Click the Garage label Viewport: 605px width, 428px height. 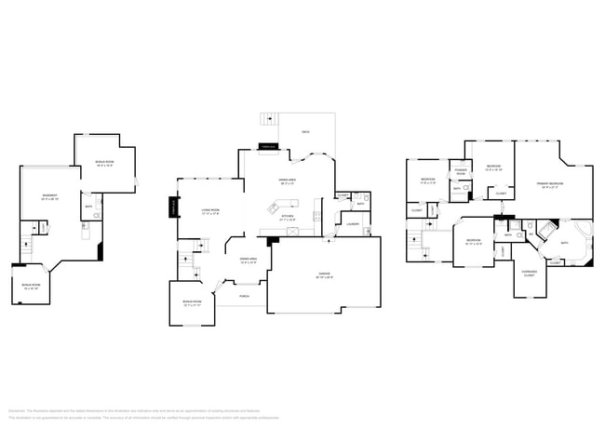coord(325,276)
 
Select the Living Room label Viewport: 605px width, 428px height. coord(210,212)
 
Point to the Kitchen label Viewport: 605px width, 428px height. coord(288,218)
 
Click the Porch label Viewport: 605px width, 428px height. coord(245,296)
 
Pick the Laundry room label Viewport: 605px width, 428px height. coord(353,223)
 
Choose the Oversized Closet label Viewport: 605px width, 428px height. coord(529,274)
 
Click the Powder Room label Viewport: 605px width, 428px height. coord(460,172)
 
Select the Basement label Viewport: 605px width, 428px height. coord(50,196)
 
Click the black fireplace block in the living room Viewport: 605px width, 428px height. coord(173,207)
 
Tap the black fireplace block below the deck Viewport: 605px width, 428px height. coord(268,146)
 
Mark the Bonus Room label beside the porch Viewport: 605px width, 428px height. coord(193,303)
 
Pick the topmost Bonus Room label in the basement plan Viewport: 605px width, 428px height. coord(104,163)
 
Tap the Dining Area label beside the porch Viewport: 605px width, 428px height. coord(248,261)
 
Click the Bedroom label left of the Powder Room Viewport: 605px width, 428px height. coord(428,181)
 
